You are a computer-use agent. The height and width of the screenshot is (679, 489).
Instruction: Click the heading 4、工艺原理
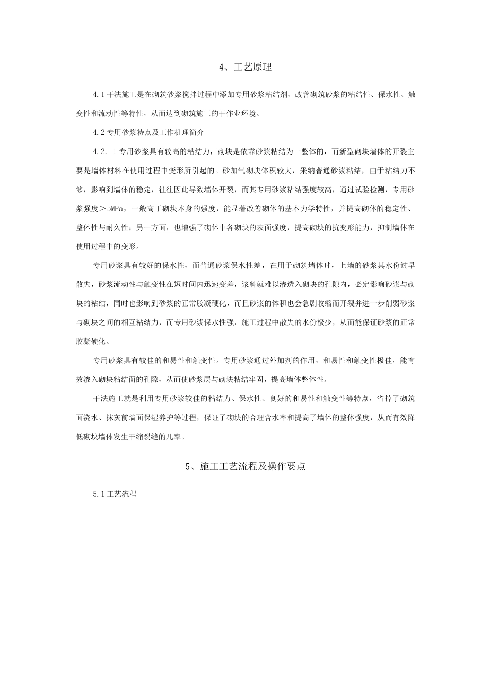pyautogui.click(x=244, y=67)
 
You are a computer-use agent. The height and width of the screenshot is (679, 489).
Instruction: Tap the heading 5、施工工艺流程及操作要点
pyautogui.click(x=245, y=467)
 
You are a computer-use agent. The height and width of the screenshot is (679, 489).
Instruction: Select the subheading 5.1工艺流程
pyautogui.click(x=114, y=494)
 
